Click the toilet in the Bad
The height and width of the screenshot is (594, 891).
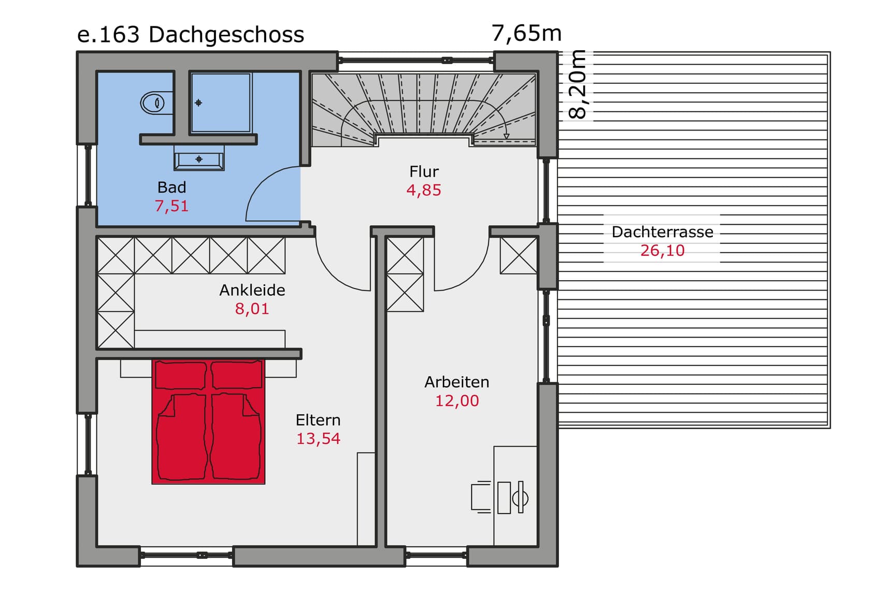coord(153,103)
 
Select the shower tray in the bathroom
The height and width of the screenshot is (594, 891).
coord(221,103)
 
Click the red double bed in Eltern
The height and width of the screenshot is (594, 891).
coord(208,422)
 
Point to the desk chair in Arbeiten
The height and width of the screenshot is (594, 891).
coord(481,497)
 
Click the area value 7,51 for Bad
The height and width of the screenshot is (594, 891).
coord(171,206)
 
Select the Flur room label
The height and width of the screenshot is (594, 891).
coord(424,171)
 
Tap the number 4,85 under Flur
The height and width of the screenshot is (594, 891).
coord(424,191)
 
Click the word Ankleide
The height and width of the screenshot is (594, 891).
coord(252,290)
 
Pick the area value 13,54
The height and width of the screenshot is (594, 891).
coord(318,439)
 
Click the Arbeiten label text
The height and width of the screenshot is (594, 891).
coord(456,382)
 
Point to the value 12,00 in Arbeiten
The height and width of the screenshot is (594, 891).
coord(456,401)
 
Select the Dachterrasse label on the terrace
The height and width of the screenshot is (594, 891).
coord(662,232)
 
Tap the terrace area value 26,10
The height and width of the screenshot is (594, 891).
coord(662,251)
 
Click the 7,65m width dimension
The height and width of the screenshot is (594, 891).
coord(526,33)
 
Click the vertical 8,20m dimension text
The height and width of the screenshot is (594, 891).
coord(578,84)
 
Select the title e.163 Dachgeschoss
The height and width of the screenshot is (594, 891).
coord(191,35)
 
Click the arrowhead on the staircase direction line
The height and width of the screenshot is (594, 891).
coord(506,137)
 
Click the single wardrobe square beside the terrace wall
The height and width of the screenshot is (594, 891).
coord(518,255)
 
